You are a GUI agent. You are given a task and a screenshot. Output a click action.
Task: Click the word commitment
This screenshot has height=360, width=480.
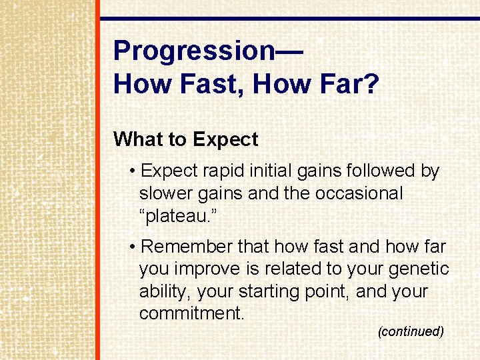coord(192,313)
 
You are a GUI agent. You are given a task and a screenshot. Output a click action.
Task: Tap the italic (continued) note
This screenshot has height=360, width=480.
coord(411,331)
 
